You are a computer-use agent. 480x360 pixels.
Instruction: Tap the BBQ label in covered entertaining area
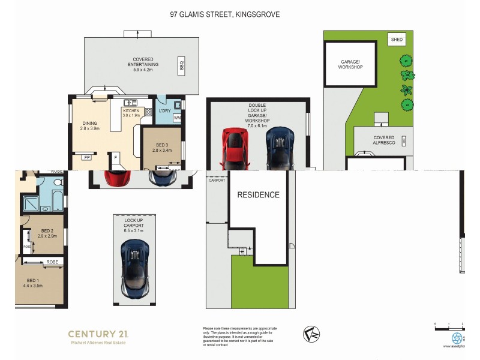(x=181, y=65)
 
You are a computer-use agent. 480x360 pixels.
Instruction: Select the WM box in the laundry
(x=177, y=118)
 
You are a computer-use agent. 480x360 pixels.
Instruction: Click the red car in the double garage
(x=235, y=148)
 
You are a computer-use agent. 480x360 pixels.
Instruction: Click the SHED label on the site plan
(x=397, y=40)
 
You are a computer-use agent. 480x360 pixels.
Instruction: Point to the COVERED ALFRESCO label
(x=384, y=140)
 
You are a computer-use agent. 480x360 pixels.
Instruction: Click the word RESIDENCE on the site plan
(x=258, y=195)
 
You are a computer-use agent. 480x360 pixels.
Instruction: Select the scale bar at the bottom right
(x=449, y=326)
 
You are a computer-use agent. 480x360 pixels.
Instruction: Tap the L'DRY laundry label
(x=164, y=111)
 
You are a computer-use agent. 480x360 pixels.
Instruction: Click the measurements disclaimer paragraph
(x=240, y=337)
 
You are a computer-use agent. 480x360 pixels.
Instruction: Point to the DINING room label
(x=89, y=124)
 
